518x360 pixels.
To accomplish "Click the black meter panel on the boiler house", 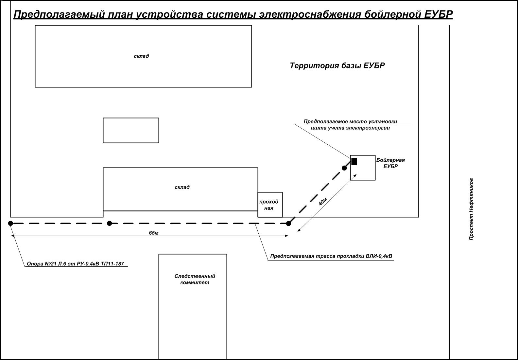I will point(354,161).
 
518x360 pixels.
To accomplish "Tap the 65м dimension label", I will point(153,233).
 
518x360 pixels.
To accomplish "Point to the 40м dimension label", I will point(322,202).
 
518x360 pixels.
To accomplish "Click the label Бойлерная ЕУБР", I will point(390,163).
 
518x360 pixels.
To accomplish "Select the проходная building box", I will point(270,205).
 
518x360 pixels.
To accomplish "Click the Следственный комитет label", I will point(195,279).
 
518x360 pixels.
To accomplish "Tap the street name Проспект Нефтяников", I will point(471,209).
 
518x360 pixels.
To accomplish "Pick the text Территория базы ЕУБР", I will point(337,65).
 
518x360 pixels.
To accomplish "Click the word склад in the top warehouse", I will point(141,56).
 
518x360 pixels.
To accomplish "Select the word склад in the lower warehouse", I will point(182,187).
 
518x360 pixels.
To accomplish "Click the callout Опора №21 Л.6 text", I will point(75,263).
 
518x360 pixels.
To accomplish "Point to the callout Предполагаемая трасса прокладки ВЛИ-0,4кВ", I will point(331,256).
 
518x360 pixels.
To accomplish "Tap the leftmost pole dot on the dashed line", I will point(10,223).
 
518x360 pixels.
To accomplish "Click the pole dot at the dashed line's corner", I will point(288,224).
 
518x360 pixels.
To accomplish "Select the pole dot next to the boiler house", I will point(344,168).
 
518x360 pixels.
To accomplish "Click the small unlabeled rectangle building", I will point(131,130).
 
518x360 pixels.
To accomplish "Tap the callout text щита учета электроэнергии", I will point(350,128).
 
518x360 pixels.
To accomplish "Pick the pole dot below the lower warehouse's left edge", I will point(110,223).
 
